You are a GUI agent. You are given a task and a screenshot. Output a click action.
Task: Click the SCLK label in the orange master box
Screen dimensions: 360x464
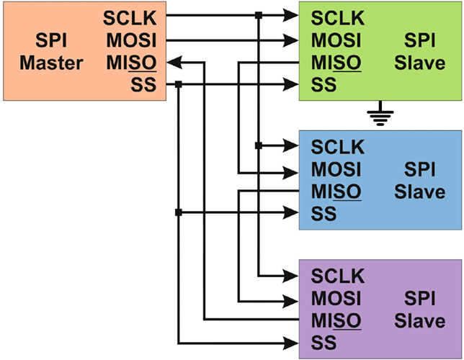pos(133,17)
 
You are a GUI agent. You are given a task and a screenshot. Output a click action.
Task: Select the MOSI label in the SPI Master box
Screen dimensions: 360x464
pos(135,40)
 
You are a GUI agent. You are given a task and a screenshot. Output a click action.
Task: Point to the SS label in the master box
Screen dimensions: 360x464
pos(145,86)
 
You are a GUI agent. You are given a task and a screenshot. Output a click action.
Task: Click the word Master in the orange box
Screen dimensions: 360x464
pos(51,63)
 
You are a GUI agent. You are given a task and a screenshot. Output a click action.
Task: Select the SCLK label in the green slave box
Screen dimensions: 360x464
pos(338,17)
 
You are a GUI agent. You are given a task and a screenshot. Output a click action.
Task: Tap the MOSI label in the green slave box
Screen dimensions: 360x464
pos(336,40)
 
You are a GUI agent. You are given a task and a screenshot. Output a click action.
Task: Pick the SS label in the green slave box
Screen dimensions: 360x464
pos(324,86)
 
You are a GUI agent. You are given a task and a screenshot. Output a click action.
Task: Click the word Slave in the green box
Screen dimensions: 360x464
pos(419,63)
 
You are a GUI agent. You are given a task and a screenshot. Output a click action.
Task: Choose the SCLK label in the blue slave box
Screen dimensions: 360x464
pos(338,146)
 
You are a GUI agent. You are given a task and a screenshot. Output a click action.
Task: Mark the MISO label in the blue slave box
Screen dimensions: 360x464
pos(336,192)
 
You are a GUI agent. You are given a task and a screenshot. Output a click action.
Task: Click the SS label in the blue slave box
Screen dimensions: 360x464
pos(324,214)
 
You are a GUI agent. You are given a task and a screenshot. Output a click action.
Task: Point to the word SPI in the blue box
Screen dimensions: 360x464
pos(420,170)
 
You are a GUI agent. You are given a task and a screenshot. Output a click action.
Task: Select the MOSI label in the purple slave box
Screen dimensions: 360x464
pos(336,297)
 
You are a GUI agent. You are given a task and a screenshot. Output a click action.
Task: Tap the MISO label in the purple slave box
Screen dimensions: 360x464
pos(336,320)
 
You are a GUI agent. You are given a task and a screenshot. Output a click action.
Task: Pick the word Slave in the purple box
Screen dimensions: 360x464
pos(419,320)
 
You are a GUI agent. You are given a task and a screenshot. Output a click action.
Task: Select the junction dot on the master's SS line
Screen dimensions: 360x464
pos(178,85)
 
